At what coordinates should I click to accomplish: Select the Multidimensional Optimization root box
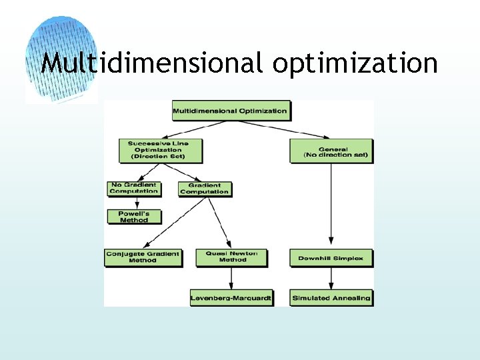pyautogui.click(x=230, y=111)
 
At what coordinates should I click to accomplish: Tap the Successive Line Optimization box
pyautogui.click(x=158, y=150)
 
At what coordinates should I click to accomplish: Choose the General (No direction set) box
pyautogui.click(x=330, y=151)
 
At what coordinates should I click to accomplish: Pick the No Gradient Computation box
pyautogui.click(x=134, y=188)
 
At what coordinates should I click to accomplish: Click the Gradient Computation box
pyautogui.click(x=205, y=189)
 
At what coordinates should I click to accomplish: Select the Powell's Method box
pyautogui.click(x=134, y=217)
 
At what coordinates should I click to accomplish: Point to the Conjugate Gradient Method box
pyautogui.click(x=143, y=257)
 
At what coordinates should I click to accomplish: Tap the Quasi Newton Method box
pyautogui.click(x=231, y=257)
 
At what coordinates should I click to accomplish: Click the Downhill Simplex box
pyautogui.click(x=331, y=258)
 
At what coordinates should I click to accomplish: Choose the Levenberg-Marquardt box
pyautogui.click(x=231, y=298)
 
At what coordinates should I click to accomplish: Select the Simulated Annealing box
pyautogui.click(x=331, y=298)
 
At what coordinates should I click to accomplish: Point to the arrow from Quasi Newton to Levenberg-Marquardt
pyautogui.click(x=231, y=278)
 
